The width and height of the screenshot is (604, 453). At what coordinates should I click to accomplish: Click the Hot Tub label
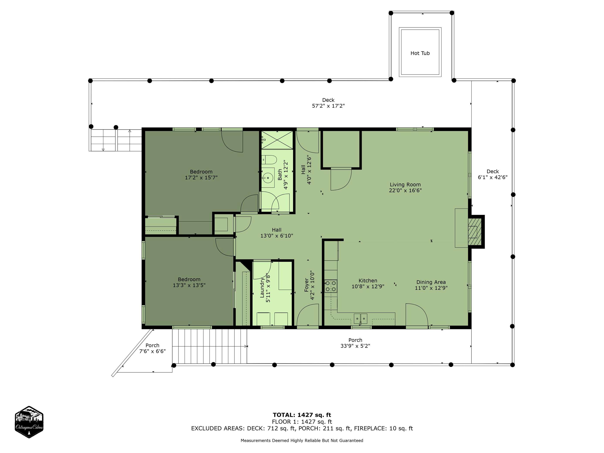click(420, 53)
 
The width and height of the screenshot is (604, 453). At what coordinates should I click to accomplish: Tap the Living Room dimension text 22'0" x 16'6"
click(405, 190)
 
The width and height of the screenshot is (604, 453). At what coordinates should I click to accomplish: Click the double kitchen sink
click(360, 319)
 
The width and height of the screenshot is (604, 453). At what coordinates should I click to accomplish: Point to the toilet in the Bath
click(269, 159)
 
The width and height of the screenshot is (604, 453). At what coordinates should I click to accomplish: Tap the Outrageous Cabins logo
click(29, 422)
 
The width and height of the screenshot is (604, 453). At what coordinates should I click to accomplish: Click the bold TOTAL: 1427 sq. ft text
click(302, 415)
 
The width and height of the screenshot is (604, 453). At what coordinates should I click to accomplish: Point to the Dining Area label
click(431, 282)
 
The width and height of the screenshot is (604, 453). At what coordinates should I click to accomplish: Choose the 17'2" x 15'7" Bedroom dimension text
click(201, 178)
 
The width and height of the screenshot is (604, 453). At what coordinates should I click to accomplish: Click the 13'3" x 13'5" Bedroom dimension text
click(189, 285)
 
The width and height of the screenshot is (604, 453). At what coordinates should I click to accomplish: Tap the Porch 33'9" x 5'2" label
click(355, 343)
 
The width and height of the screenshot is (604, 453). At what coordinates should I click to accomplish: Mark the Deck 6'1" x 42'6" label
click(493, 174)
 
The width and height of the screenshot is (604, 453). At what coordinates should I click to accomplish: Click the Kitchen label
click(368, 280)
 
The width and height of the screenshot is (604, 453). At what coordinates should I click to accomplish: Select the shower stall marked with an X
click(277, 140)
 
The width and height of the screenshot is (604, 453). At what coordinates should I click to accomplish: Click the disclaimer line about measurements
click(302, 440)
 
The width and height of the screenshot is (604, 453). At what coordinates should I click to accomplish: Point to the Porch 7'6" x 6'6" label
click(152, 348)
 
